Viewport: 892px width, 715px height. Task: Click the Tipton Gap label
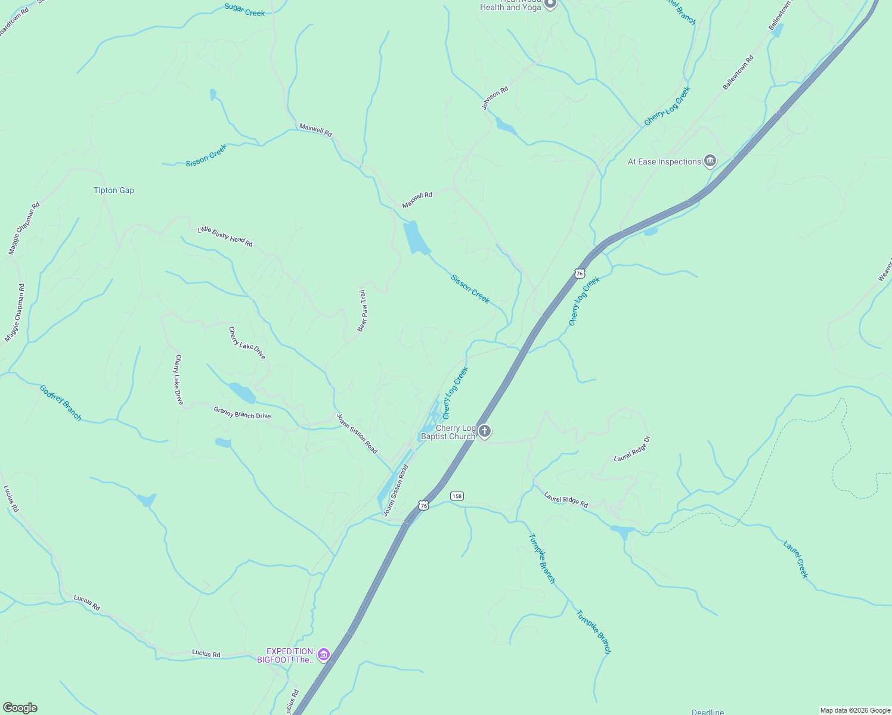point(114,191)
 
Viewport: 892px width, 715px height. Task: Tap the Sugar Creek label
point(244,10)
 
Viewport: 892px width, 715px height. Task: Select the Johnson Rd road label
point(495,98)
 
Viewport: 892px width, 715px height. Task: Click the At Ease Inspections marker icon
point(710,161)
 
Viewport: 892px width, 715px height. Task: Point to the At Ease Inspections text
point(664,162)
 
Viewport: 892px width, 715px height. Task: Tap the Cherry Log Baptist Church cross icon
point(485,431)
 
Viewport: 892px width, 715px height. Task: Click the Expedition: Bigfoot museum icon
point(324,655)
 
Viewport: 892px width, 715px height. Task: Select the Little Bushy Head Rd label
point(225,237)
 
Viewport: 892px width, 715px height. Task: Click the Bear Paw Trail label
point(363,311)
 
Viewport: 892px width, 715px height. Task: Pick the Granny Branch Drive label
point(242,412)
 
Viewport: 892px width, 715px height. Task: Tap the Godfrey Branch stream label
point(61,403)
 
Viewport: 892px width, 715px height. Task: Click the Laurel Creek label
point(796,559)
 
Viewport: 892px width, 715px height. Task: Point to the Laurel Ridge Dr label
point(632,449)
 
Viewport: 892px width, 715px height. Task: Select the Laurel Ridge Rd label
point(566,499)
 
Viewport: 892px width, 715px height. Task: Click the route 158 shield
point(457,496)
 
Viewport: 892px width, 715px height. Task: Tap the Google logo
point(20,708)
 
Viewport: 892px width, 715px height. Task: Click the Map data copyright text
point(854,710)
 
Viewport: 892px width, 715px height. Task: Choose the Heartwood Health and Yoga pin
point(550,4)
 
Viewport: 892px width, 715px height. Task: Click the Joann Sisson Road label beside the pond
point(396,490)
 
